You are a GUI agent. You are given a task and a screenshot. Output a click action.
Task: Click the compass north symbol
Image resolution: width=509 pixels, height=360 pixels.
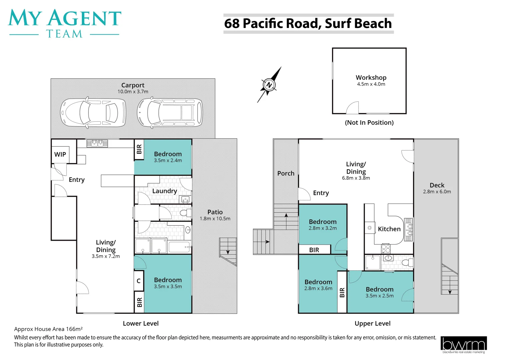pos(269,85)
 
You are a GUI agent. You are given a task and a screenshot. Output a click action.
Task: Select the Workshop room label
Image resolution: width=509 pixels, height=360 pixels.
pos(371,77)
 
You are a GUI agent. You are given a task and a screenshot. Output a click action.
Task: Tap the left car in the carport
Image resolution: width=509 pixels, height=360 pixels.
pos(93,113)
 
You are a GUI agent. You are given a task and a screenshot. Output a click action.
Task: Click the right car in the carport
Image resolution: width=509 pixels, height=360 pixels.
pos(170,113)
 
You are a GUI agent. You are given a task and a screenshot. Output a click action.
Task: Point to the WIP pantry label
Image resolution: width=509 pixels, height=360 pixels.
pos(60,154)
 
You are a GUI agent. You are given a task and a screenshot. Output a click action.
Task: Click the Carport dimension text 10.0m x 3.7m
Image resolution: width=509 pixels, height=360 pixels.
pos(133,92)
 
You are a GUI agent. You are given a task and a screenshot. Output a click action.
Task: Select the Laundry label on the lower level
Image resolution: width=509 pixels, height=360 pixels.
pos(164,191)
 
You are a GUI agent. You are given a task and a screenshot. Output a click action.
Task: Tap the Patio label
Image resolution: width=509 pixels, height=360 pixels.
pos(215,212)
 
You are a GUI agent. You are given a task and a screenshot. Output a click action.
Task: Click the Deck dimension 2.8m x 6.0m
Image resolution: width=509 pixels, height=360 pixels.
pos(437,192)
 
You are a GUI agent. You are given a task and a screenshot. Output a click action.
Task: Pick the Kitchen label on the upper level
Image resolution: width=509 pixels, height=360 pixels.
pos(389,229)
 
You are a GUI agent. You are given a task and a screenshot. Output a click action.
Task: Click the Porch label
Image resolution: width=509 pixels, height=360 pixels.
pos(286,173)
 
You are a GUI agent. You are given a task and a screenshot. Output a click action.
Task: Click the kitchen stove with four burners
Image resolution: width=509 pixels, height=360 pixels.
pos(386,249)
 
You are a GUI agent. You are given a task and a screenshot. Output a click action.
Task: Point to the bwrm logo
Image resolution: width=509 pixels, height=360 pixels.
pos(463,345)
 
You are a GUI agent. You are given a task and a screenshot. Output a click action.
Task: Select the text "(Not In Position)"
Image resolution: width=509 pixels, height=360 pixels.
pos(369,122)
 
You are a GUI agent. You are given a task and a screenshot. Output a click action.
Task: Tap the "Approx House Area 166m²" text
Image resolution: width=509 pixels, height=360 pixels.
pos(48,329)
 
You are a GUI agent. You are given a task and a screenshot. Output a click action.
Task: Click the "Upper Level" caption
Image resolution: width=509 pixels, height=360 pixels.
pos(372,323)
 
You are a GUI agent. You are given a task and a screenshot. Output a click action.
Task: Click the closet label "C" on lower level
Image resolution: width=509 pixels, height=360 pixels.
pos(139,281)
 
